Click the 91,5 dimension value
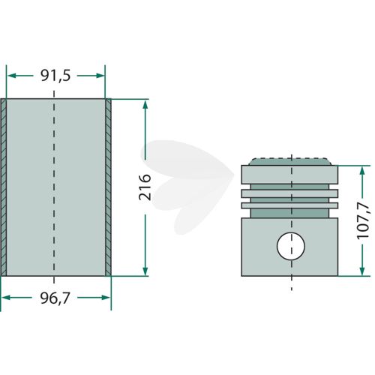[x=55, y=76]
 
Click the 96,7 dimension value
[x=55, y=298]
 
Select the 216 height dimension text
[x=145, y=187]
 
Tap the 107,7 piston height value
[x=362, y=220]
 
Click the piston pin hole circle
[x=291, y=246]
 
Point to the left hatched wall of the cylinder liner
[x=4, y=187]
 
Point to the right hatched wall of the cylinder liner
[x=108, y=187]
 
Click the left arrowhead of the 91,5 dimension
[x=11, y=76]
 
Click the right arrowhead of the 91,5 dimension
[x=100, y=76]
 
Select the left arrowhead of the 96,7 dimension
[x=6, y=298]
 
